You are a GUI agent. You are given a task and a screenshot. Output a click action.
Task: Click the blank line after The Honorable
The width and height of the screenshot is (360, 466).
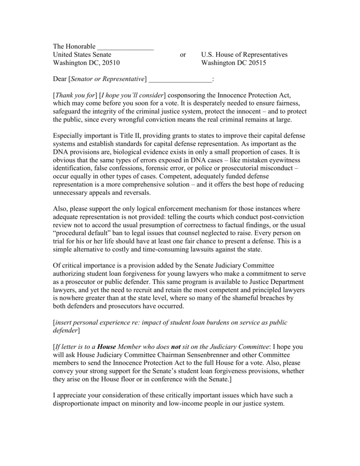tap(126, 46)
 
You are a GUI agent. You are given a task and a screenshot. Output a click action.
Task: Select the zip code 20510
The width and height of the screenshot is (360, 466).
tap(110, 63)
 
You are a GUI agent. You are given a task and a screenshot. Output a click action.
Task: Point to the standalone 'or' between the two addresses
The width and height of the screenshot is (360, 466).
tap(183, 55)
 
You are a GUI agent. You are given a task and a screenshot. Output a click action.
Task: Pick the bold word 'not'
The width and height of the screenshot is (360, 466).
tap(176, 346)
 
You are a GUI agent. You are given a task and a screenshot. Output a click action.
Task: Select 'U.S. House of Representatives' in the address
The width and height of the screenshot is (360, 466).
tap(244, 55)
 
